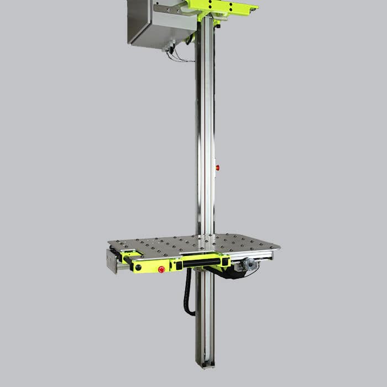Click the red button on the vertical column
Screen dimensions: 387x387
pos(217,167)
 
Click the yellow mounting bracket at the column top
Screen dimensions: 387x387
pos(221,8)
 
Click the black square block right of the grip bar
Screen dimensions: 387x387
pos(225,261)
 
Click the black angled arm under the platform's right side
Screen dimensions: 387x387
pos(227,273)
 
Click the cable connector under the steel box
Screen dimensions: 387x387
pos(168,49)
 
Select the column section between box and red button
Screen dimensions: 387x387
pos(205,100)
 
